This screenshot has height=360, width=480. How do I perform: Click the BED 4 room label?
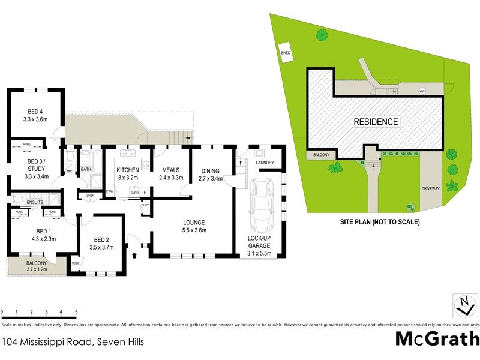[x=35, y=112]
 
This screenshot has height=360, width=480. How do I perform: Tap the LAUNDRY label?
[x=265, y=163]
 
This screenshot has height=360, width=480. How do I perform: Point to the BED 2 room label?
[x=100, y=239]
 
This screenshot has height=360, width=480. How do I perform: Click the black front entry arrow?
[x=134, y=256]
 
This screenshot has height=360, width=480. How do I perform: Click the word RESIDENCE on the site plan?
[x=375, y=122]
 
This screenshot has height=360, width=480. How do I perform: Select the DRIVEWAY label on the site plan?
[x=431, y=188]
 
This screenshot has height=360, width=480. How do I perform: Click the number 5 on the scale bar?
[x=76, y=312]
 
